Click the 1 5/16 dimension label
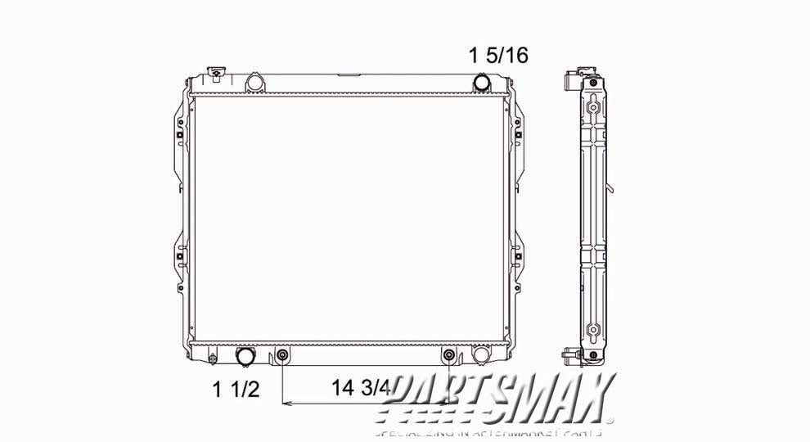point(498,56)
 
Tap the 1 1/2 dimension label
point(236,389)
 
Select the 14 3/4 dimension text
point(361,388)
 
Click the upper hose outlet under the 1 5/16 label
point(483,83)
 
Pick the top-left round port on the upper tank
point(254,83)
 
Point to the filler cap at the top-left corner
point(216,74)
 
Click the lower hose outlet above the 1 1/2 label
point(245,356)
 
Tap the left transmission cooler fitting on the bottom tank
point(282,355)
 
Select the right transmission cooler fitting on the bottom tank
point(448,355)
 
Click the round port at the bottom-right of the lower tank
point(482,356)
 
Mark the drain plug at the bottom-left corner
point(213,358)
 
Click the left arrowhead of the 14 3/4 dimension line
point(286,404)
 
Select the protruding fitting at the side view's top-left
point(570,83)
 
